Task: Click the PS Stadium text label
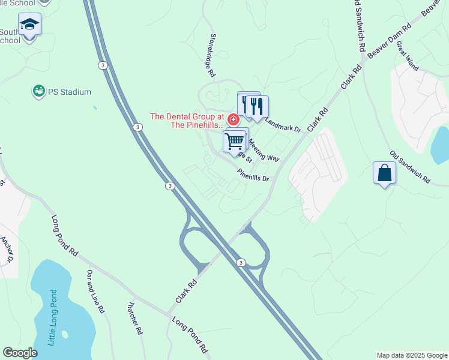click(70, 92)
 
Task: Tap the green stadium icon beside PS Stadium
click(39, 91)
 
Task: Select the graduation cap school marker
click(29, 25)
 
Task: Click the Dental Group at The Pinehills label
click(187, 121)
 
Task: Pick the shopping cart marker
click(235, 141)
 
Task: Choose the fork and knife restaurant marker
click(257, 107)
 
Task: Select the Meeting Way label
click(264, 150)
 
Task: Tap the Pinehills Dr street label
click(255, 175)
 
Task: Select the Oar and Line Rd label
click(95, 292)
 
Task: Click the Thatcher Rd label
click(134, 317)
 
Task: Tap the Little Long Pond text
click(53, 317)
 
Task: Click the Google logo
click(20, 353)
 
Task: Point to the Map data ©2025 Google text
click(412, 355)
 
